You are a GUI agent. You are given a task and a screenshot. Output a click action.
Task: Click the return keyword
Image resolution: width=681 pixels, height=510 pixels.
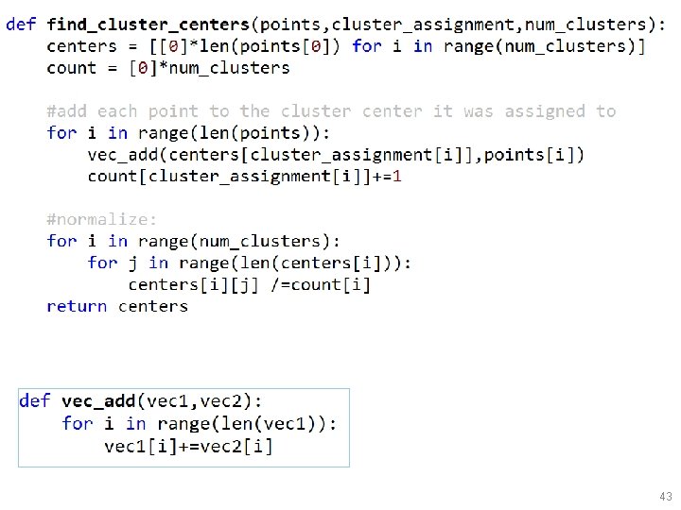[x=77, y=306]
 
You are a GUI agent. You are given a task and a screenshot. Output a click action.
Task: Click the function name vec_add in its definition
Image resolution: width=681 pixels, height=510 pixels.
[x=98, y=401]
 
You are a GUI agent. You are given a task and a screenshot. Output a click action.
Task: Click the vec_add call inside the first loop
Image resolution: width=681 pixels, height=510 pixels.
[x=118, y=154]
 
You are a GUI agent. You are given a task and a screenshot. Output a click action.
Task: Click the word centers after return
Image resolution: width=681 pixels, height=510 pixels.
[x=153, y=306]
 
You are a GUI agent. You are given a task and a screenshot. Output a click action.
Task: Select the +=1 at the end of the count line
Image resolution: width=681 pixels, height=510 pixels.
[x=386, y=176]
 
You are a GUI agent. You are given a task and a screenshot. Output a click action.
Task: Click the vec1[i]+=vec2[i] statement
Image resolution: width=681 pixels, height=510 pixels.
[x=188, y=446]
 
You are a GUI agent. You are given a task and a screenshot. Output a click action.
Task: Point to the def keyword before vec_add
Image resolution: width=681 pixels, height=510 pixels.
[x=35, y=401]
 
